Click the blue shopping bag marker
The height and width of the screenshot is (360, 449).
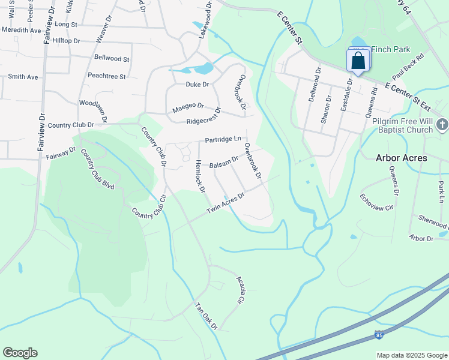coord(358,62)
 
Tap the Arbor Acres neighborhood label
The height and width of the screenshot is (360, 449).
coord(402,158)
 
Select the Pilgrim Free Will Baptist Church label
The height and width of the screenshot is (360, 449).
coord(402,125)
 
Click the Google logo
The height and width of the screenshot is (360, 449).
coord(20,353)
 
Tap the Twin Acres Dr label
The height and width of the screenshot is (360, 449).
coord(226,203)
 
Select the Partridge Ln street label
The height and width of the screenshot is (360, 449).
coord(223,140)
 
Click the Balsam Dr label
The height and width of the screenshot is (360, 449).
coord(224,162)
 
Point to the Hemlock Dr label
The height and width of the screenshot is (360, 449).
coord(200,176)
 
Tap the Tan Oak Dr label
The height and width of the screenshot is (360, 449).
coord(206,316)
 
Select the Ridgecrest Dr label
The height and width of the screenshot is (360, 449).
coord(204,116)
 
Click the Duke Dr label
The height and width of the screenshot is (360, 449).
coord(197,85)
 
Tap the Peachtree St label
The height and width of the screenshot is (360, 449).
coord(106,77)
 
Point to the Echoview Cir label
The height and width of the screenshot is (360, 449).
coord(376,202)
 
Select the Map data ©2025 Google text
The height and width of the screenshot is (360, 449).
coord(411,355)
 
